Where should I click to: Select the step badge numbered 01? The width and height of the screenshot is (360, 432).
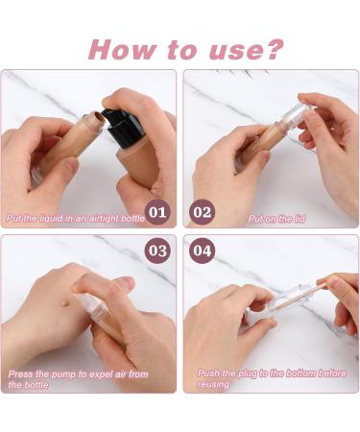pos(157,211)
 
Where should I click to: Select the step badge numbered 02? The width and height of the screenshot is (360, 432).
pos(203,211)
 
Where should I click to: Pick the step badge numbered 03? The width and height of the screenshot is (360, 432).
pos(157,252)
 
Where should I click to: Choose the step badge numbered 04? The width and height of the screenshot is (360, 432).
pos(203,252)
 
